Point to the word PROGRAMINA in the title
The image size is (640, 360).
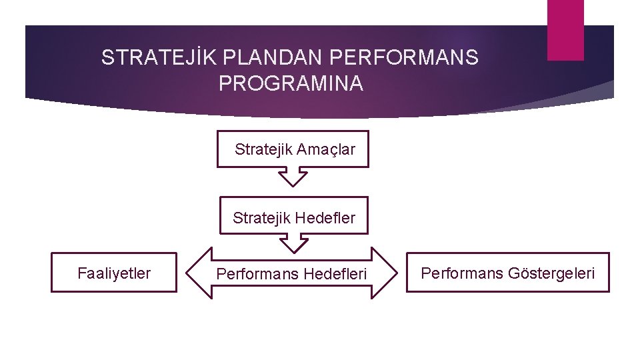pyautogui.click(x=291, y=84)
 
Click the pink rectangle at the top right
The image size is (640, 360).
pyautogui.click(x=565, y=30)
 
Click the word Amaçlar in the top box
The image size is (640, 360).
pyautogui.click(x=325, y=149)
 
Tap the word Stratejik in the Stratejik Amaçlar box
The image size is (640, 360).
pyautogui.click(x=263, y=149)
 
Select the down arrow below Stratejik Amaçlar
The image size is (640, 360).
pyautogui.click(x=293, y=177)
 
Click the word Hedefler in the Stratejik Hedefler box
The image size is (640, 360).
pyautogui.click(x=325, y=217)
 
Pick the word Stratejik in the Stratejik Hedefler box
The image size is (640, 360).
pyautogui.click(x=261, y=217)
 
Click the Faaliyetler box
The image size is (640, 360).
pyautogui.click(x=114, y=272)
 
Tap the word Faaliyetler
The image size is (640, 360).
pyautogui.click(x=114, y=273)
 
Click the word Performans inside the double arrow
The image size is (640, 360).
pyautogui.click(x=257, y=273)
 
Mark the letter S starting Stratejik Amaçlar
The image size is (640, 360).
pyautogui.click(x=239, y=149)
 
